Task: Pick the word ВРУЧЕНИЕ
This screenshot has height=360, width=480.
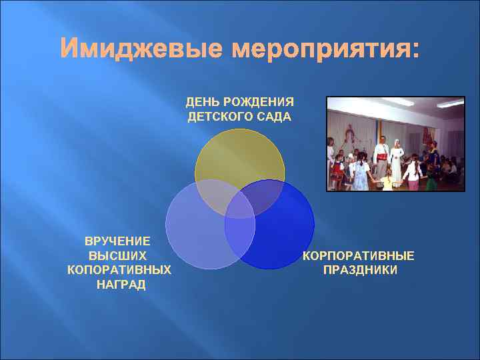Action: tap(117, 241)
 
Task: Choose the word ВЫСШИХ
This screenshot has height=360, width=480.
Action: tap(117, 255)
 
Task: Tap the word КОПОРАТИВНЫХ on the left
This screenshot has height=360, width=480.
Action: tap(119, 269)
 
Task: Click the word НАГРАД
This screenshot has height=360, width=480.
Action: tap(117, 284)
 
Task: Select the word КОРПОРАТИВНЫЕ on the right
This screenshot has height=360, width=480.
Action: tap(359, 256)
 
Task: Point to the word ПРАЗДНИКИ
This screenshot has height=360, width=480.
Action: tap(359, 270)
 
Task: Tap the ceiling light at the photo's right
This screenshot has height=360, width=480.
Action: tap(451, 104)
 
